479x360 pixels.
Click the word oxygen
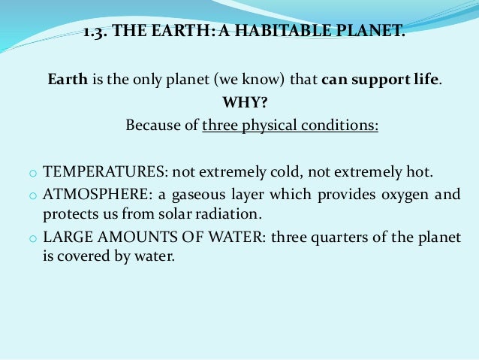[x=405, y=195]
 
